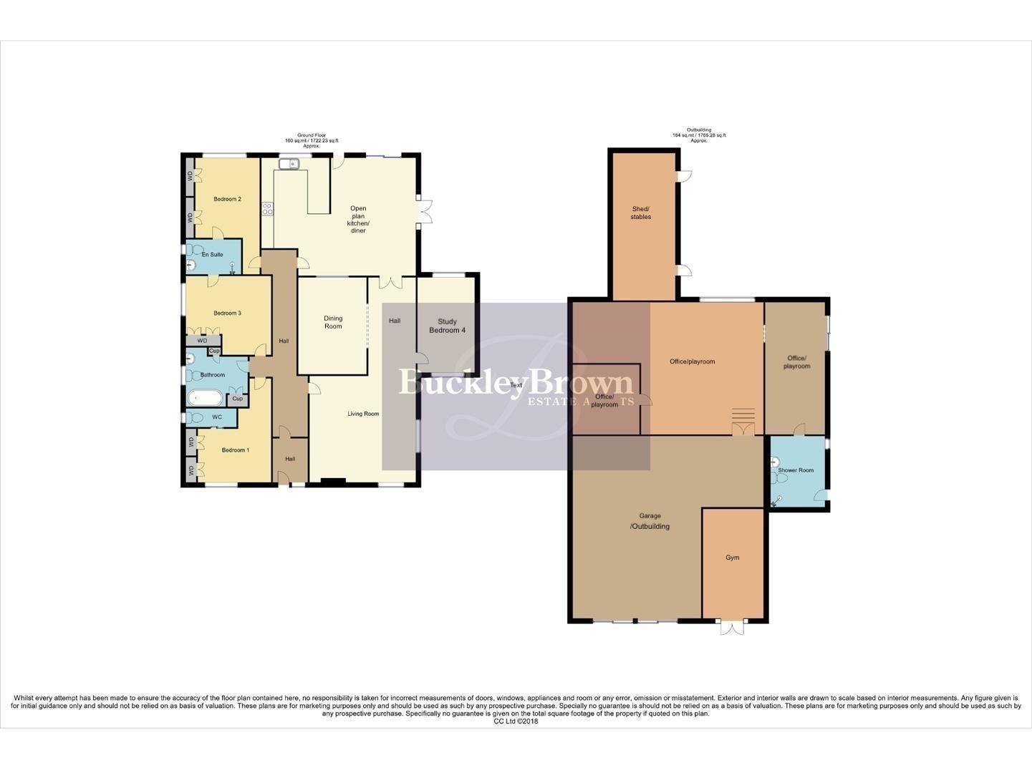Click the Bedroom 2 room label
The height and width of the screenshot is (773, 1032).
pyautogui.click(x=227, y=199)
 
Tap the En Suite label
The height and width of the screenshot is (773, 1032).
pyautogui.click(x=212, y=255)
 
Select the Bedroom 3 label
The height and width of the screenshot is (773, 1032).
pyautogui.click(x=227, y=313)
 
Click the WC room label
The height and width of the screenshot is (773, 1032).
pyautogui.click(x=216, y=417)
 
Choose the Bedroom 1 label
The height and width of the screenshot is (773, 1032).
pyautogui.click(x=235, y=450)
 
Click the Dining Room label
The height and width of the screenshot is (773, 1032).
pyautogui.click(x=333, y=322)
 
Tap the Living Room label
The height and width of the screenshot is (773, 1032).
pyautogui.click(x=363, y=414)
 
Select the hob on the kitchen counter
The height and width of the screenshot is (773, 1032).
pyautogui.click(x=267, y=209)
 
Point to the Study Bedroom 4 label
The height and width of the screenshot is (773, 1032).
pyautogui.click(x=447, y=326)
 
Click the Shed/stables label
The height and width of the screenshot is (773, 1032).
pyautogui.click(x=641, y=213)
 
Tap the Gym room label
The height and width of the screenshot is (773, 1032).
pyautogui.click(x=732, y=558)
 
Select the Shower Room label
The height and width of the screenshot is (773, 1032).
pyautogui.click(x=796, y=470)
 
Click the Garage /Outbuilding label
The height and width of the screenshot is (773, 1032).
pyautogui.click(x=650, y=521)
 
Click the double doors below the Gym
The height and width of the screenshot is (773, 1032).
pyautogui.click(x=732, y=628)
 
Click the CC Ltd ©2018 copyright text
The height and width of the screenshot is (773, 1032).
pyautogui.click(x=516, y=721)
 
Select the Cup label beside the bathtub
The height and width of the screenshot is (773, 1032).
pyautogui.click(x=237, y=399)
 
